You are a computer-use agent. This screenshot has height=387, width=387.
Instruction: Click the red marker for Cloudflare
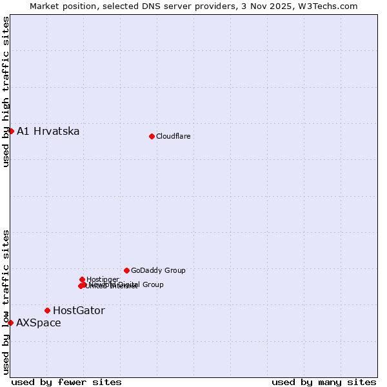(x=152, y=136)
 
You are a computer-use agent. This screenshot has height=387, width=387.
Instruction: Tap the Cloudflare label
(x=173, y=136)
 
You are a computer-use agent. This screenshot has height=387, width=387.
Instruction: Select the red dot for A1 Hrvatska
(x=11, y=131)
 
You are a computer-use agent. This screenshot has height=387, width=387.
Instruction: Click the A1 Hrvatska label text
(x=48, y=132)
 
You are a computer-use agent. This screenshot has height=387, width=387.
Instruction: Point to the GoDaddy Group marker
(x=126, y=270)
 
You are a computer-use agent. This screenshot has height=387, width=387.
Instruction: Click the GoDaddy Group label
(x=158, y=271)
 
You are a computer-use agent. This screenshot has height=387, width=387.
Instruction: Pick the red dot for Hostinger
(x=82, y=279)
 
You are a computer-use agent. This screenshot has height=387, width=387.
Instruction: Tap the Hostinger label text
(x=103, y=279)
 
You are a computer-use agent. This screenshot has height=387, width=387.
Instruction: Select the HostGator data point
(x=47, y=310)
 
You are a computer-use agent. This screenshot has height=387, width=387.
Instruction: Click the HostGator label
(x=79, y=311)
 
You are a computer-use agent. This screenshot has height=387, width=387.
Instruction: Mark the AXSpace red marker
(x=11, y=322)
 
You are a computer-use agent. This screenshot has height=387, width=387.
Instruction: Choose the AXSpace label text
(x=39, y=323)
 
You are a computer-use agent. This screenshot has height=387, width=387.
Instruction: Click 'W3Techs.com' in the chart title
(x=328, y=6)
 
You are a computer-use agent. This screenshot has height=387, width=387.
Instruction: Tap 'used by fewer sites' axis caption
(x=66, y=382)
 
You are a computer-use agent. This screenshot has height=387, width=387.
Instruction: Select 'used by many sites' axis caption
(x=324, y=382)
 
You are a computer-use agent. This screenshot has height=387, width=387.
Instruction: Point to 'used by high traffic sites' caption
(x=6, y=92)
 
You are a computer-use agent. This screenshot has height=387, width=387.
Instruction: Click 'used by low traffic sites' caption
(x=6, y=301)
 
